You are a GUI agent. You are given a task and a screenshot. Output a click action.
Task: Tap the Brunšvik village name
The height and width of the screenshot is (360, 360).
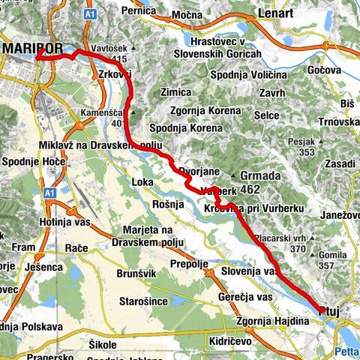[135, 274]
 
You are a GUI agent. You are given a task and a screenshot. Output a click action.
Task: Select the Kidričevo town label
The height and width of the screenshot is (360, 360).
[224, 340]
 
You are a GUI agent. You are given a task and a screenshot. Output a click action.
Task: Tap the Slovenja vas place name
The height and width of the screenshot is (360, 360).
[250, 270]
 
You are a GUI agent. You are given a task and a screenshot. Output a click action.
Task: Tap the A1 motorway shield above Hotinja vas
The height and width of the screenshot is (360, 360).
[49, 193]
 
